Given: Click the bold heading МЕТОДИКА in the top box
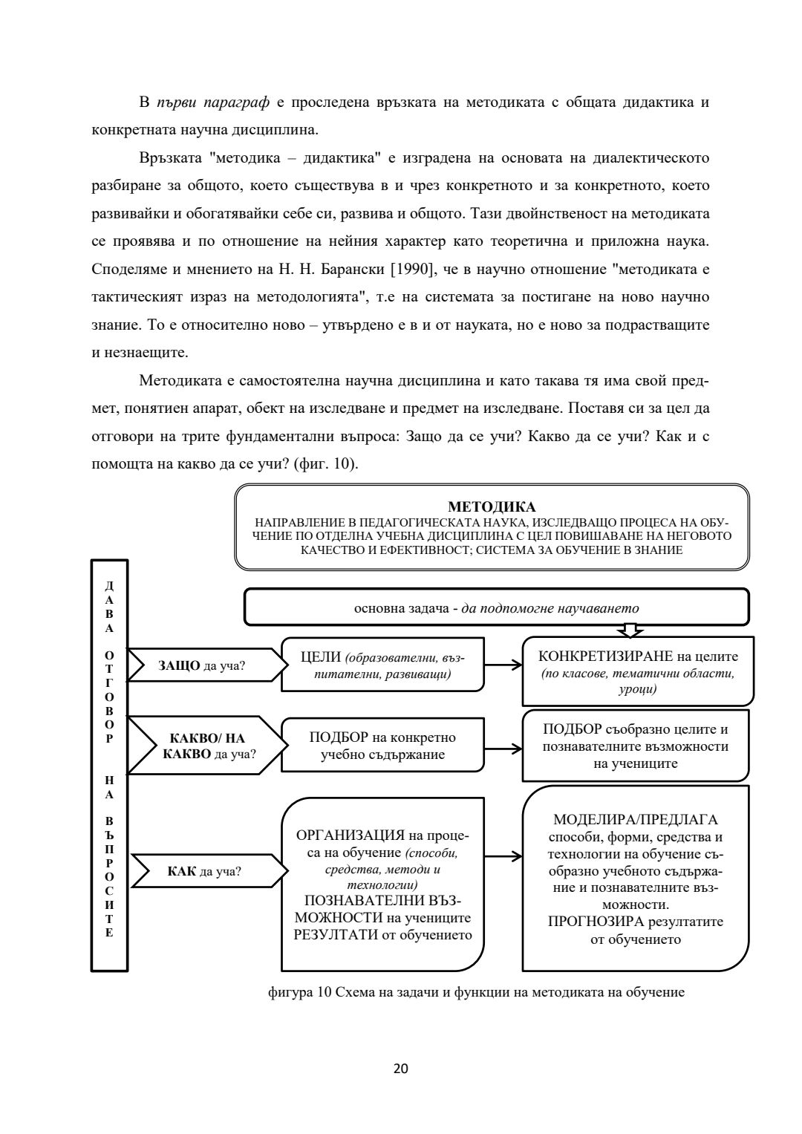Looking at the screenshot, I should point(492,507).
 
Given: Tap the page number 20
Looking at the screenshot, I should point(400,1069).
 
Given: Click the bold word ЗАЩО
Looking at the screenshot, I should point(179,665).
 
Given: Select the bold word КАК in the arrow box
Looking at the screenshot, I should point(182,871).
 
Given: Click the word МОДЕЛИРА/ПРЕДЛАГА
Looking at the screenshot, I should point(636,821).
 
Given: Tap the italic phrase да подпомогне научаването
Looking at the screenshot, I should point(550,607).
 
